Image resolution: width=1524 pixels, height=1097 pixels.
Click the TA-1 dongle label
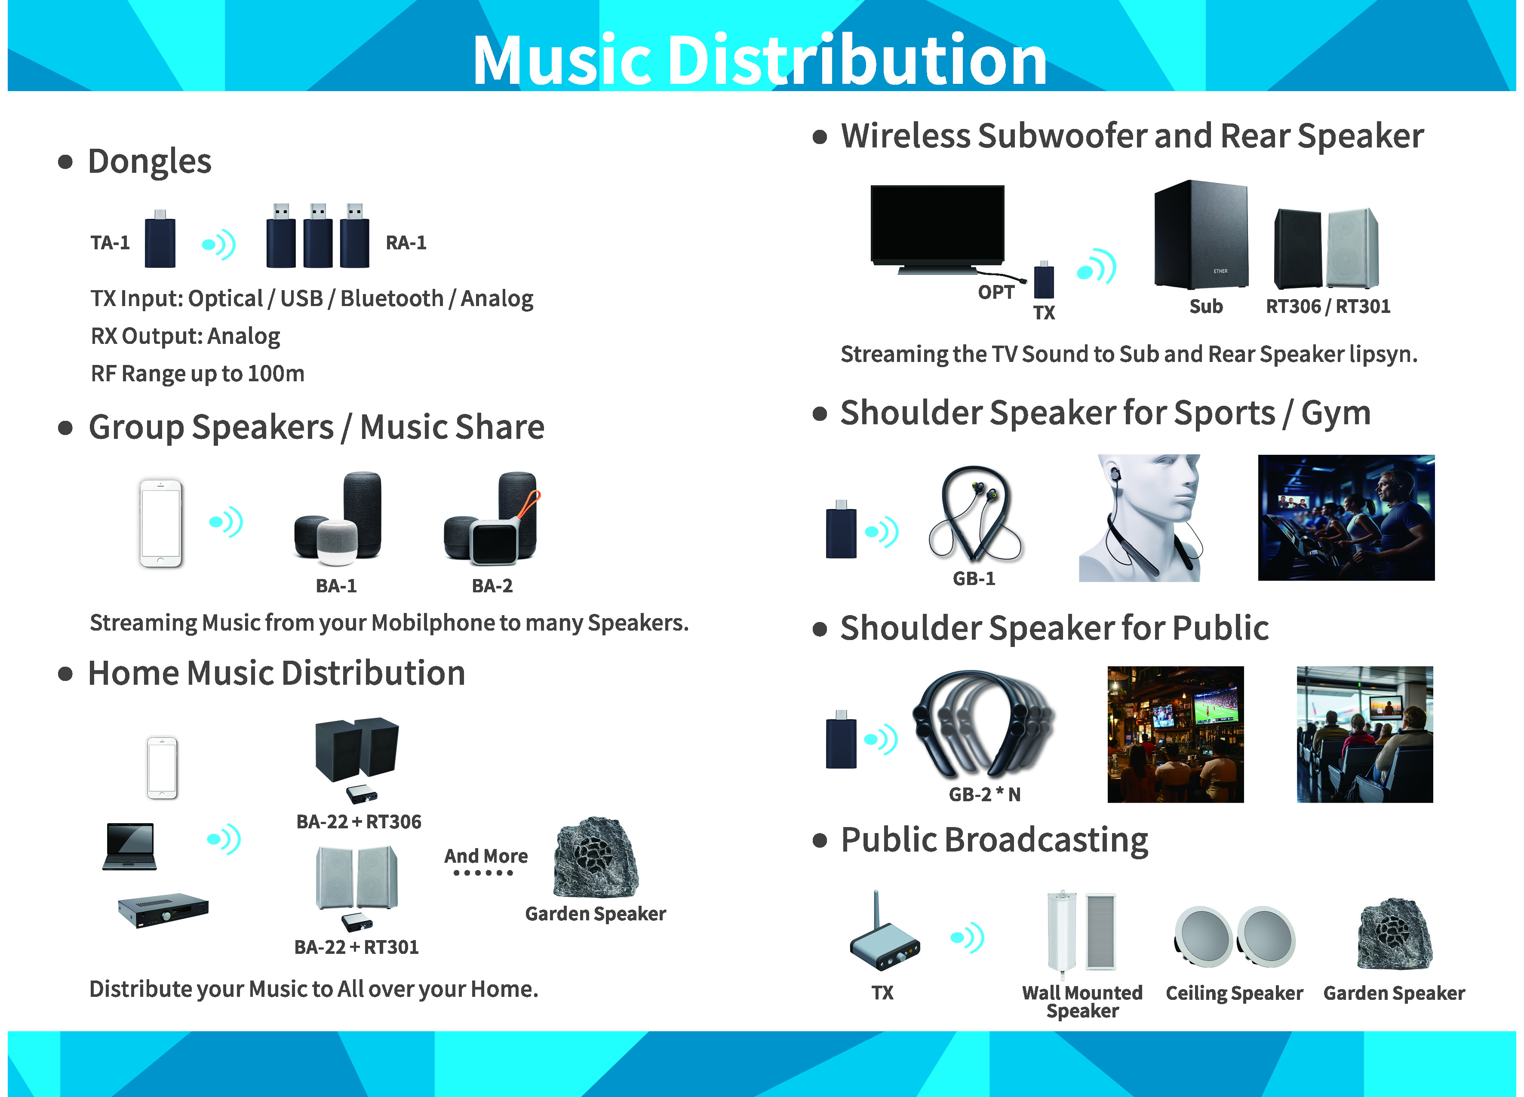(110, 242)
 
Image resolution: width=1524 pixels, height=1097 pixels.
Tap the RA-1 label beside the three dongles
(406, 242)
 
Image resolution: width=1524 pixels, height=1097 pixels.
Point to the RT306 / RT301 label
(1328, 306)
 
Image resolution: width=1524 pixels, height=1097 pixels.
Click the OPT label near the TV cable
(996, 292)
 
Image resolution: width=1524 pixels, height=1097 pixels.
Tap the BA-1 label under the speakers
(336, 586)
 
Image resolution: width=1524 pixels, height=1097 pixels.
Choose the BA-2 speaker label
(492, 586)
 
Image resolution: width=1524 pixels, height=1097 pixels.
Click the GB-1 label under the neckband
(974, 579)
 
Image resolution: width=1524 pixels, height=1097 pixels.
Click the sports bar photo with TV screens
(1175, 734)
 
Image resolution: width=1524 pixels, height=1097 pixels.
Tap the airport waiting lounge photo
(1365, 734)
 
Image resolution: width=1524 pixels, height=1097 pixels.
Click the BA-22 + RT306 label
(359, 821)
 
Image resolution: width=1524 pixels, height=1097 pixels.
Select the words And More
(486, 856)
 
